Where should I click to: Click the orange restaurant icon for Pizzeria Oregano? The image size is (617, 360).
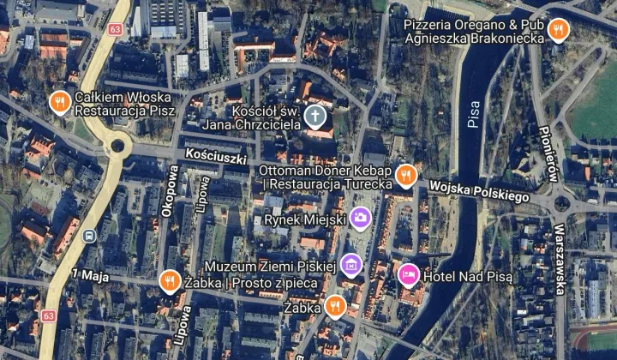coord(559,31)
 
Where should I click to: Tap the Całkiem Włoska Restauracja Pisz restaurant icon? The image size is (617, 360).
coord(59,102)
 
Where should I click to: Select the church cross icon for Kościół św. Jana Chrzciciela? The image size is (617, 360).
coord(316,116)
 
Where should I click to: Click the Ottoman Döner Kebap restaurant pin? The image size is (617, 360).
coord(406,176)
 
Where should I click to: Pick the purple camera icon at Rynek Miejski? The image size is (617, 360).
coord(361,219)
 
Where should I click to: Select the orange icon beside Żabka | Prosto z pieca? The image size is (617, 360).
coord(170,281)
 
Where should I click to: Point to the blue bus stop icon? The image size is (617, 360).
coord(89,237)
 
